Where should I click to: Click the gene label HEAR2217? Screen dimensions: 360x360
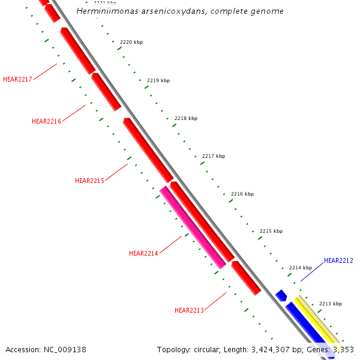click(17, 79)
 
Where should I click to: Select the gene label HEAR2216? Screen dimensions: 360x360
click(46, 121)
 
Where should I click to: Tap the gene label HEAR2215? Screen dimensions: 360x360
click(89, 181)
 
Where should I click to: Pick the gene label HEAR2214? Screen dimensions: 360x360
click(143, 253)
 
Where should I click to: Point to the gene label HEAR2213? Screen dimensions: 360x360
click(189, 310)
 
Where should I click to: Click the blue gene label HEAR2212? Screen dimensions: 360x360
click(338, 260)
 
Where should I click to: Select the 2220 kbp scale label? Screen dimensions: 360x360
click(131, 42)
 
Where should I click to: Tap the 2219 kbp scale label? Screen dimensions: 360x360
click(158, 80)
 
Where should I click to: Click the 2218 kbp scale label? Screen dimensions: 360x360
click(186, 118)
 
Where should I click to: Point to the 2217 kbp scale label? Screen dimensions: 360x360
click(214, 156)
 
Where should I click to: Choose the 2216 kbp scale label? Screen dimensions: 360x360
click(242, 194)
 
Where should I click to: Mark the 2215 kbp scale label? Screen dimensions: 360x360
click(271, 231)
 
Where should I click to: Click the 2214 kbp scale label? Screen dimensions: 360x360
click(301, 268)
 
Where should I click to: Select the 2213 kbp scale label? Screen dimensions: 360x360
click(330, 304)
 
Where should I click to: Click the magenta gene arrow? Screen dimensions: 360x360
click(192, 227)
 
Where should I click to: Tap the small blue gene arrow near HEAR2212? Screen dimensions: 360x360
click(281, 295)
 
